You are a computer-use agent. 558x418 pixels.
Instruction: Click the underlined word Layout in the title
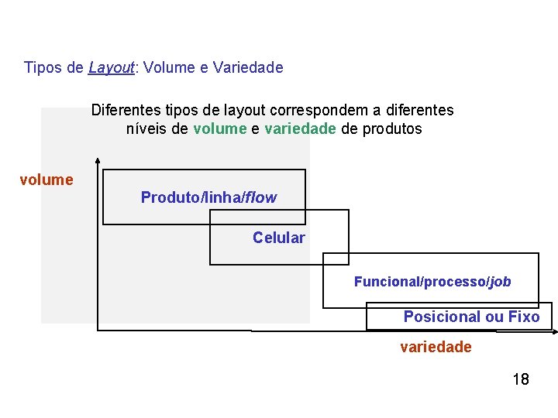112,67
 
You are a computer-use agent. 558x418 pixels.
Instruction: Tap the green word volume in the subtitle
219,128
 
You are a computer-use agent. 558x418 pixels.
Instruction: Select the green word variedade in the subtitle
300,128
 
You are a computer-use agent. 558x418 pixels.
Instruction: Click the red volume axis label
46,180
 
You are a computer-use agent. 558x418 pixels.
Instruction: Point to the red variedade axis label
436,347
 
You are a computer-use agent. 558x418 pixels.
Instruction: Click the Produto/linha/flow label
208,197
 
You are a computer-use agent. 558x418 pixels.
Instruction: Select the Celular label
279,238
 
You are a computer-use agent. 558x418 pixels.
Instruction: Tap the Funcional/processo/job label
432,282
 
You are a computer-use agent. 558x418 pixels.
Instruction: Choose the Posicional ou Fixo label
471,317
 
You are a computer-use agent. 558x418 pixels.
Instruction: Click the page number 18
521,379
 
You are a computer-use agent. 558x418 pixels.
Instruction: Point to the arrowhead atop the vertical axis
97,162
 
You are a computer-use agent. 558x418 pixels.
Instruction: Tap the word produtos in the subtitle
393,128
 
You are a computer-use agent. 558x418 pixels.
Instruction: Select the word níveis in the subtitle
146,128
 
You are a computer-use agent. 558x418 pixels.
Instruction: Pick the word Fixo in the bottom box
524,317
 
